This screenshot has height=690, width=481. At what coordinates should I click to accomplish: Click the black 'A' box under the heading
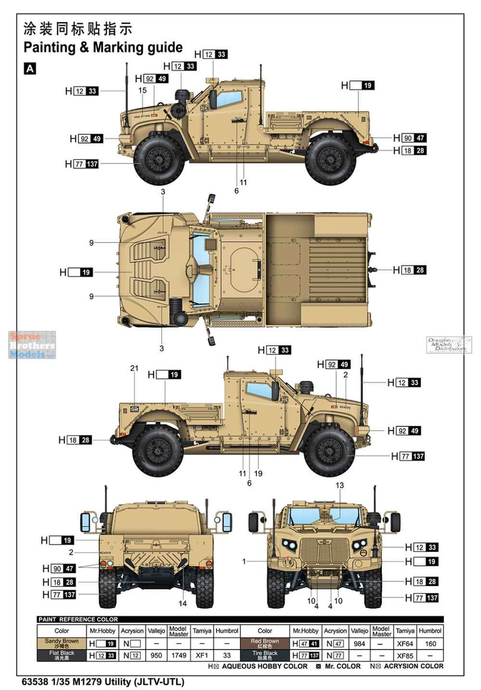pyautogui.click(x=30, y=68)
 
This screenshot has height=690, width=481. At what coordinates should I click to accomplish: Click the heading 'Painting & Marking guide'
pyautogui.click(x=103, y=47)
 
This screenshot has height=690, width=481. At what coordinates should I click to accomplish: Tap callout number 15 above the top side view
pyautogui.click(x=142, y=91)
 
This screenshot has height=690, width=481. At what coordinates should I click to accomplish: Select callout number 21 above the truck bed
pyautogui.click(x=134, y=368)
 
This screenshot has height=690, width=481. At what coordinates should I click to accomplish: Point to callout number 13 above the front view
pyautogui.click(x=339, y=485)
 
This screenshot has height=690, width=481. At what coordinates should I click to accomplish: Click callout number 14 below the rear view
pyautogui.click(x=183, y=603)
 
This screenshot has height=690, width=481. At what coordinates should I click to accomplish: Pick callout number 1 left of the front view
pyautogui.click(x=244, y=561)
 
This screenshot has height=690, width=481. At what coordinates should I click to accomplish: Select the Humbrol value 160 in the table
pyautogui.click(x=431, y=643)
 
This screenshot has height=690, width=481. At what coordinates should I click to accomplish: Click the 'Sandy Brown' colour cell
pyautogui.click(x=61, y=643)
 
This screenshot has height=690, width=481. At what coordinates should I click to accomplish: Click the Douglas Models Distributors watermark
pyautogui.click(x=449, y=344)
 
